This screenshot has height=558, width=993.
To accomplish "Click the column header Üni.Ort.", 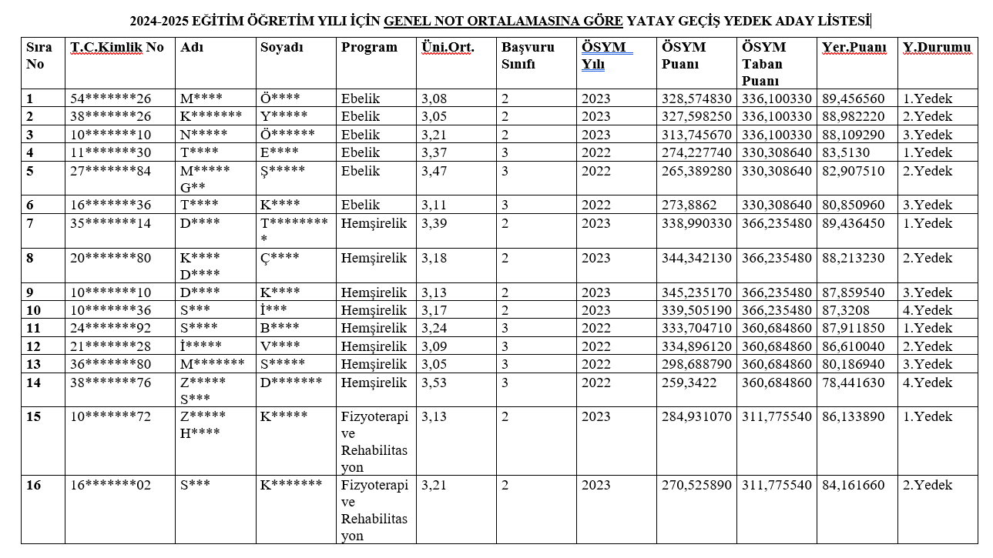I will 448,47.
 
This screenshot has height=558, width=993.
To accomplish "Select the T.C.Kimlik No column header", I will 117,47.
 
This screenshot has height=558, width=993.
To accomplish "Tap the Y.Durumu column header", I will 937,47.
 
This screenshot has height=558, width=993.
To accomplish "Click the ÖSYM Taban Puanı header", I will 762,63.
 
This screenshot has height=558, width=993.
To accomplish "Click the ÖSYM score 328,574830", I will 696,99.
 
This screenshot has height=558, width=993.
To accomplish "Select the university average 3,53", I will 434,383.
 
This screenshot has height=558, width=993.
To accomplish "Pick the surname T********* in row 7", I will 295,231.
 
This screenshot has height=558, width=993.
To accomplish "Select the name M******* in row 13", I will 213,364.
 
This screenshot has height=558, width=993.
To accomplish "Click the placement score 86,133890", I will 854,416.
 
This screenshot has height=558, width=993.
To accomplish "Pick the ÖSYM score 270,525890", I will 696,485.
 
